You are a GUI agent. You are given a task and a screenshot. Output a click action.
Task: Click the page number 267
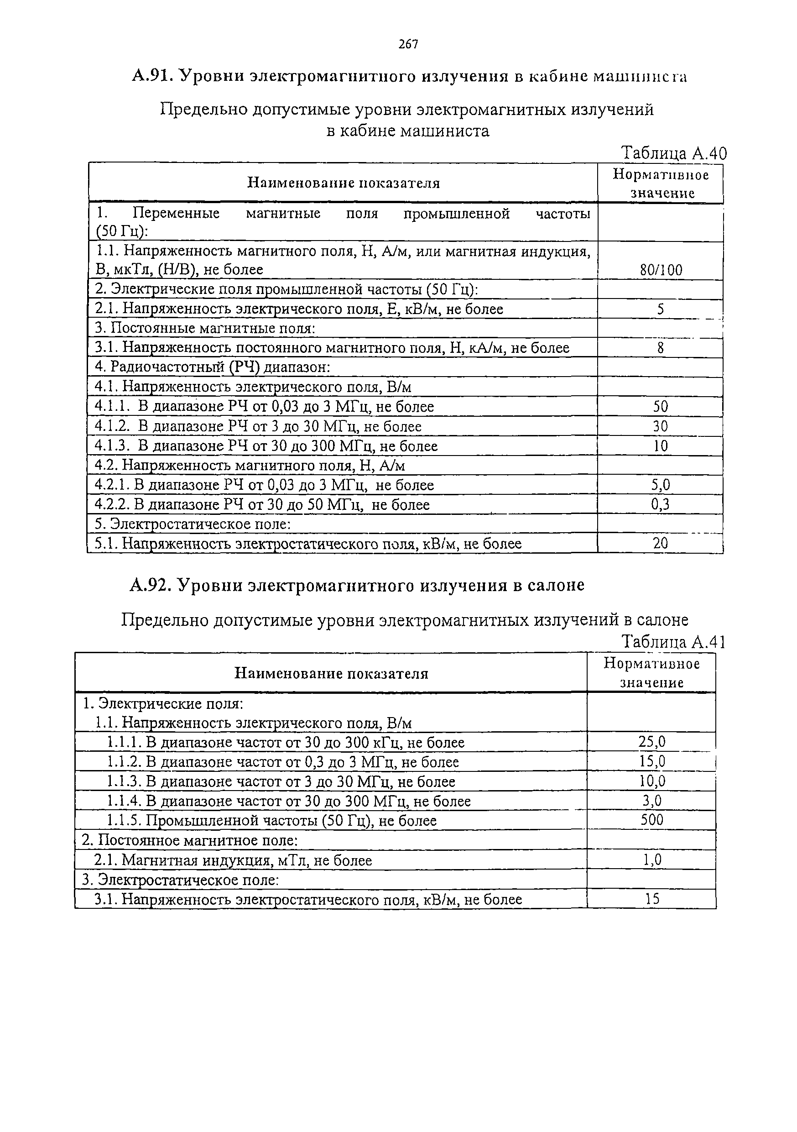408,44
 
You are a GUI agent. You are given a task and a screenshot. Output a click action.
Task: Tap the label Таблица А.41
673,641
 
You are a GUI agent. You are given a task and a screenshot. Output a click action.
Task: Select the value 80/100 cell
661,270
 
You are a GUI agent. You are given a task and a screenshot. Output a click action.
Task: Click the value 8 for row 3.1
661,348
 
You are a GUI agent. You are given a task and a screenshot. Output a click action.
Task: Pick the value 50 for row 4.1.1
661,407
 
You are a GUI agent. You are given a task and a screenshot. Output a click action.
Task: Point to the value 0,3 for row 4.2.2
661,504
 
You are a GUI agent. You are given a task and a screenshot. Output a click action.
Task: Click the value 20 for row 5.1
661,543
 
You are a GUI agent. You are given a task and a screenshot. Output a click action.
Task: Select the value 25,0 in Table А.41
651,742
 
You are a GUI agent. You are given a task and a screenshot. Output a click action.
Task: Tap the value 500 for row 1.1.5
651,820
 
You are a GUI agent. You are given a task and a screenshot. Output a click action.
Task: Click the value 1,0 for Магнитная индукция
651,860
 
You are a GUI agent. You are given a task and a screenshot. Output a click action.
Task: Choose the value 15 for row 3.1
651,899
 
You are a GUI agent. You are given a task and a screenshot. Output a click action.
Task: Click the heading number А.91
151,76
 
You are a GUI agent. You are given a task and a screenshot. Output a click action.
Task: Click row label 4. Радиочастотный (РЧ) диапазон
212,367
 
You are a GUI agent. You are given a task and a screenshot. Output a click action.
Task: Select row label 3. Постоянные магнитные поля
204,328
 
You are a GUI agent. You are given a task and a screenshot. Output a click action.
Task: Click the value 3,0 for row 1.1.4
651,801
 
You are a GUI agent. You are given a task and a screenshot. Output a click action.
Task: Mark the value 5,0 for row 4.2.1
661,485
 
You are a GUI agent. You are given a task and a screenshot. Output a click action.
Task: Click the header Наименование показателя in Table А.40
343,183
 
